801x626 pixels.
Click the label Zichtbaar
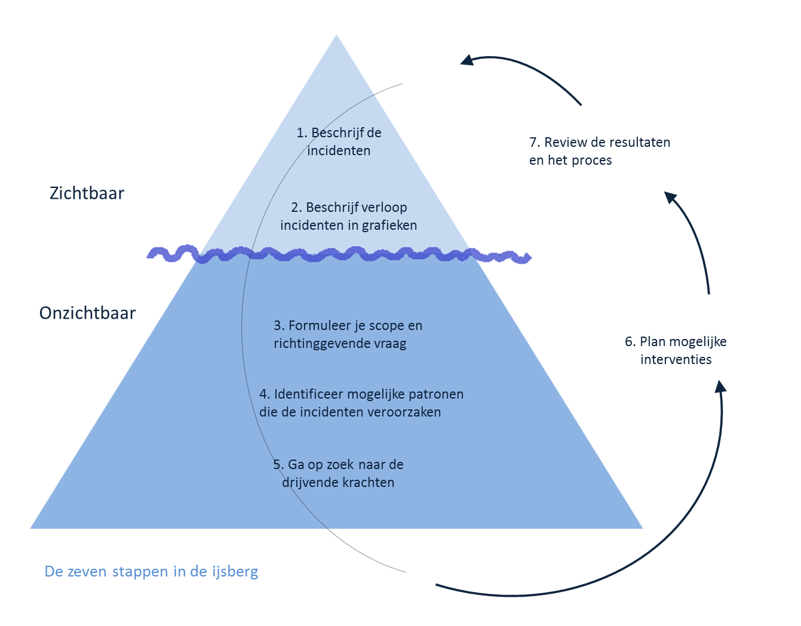coord(87,193)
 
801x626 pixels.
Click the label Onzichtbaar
coord(87,313)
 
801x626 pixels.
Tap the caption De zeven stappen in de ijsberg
coord(151,572)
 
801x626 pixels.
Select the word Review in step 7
coord(565,143)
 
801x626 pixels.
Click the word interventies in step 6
coord(676,360)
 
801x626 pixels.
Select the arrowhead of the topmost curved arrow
coord(467,60)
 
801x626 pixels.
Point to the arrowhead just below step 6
coord(721,386)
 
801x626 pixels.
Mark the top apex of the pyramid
coord(336,35)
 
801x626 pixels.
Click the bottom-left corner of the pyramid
coord(32,528)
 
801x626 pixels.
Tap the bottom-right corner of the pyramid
coord(642,528)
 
